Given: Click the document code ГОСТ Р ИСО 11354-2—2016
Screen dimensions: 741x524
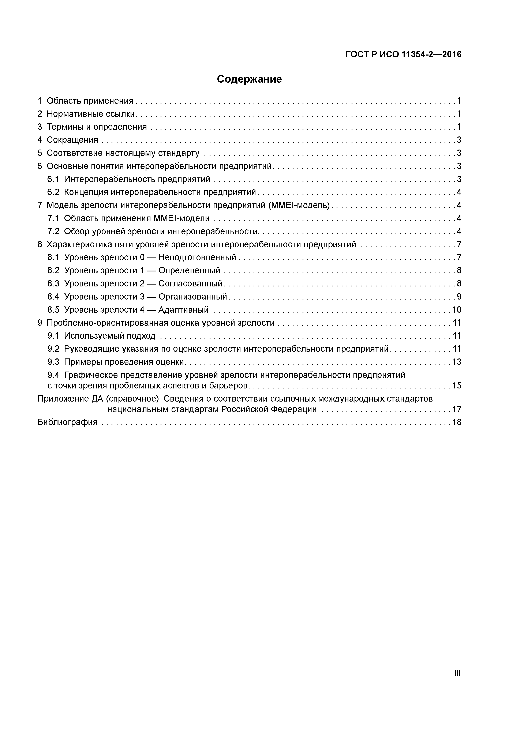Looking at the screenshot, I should tap(403, 54).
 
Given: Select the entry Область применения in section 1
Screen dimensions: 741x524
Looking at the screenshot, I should tap(90, 101).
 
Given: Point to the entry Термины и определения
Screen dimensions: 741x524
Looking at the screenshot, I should tap(97, 127).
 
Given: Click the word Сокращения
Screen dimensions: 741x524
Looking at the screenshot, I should tap(72, 140).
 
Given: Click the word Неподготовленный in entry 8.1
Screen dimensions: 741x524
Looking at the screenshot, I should tap(197, 257).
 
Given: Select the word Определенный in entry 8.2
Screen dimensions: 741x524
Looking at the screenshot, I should tap(189, 270).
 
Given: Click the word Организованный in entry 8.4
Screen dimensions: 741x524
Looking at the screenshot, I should tap(193, 297).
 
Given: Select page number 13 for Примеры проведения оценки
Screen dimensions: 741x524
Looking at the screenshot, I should tap(457, 362).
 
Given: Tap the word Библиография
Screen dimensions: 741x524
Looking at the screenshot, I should tap(67, 422).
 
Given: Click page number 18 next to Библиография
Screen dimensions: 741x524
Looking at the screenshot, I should tap(457, 422).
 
